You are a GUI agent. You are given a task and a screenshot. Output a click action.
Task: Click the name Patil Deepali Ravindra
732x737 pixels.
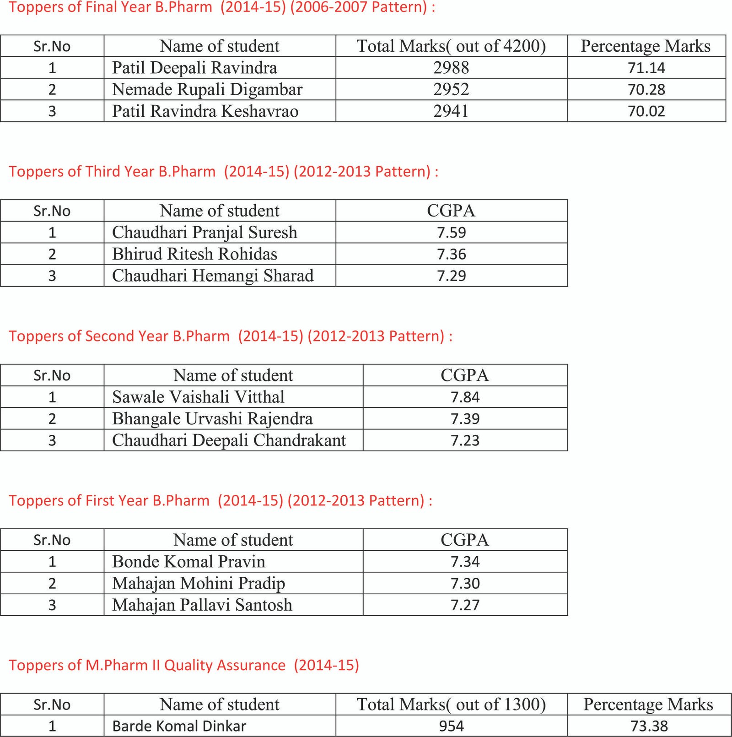point(194,68)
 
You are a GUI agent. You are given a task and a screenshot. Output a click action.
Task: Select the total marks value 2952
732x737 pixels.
point(451,89)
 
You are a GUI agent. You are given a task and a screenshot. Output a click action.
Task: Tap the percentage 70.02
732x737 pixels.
point(646,111)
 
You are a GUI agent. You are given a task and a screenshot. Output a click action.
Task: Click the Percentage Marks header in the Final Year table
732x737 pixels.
point(646,46)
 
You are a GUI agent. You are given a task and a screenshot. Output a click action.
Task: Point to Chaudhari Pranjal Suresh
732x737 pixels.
point(205,232)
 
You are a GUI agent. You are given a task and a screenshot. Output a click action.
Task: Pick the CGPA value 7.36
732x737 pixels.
point(451,254)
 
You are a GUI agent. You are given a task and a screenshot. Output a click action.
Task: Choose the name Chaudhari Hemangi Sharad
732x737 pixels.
point(213,276)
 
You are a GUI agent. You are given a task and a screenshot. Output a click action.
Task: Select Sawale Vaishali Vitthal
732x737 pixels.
point(198,397)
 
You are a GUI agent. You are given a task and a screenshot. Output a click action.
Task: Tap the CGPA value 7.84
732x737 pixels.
point(465,397)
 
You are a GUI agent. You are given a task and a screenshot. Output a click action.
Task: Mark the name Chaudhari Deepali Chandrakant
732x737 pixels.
point(229,440)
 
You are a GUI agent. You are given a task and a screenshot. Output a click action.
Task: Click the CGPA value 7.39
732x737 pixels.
point(465,418)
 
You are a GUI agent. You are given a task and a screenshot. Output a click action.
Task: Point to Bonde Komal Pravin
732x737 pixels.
point(188,561)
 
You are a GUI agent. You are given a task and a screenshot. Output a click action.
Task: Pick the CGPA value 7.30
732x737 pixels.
point(465,583)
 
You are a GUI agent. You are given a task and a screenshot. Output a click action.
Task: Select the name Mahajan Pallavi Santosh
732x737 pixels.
point(202,605)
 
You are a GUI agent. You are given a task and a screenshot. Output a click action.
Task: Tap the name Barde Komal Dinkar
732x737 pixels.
point(179,726)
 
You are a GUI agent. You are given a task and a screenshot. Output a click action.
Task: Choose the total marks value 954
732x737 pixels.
point(451,726)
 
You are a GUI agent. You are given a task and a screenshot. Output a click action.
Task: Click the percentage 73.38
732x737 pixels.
point(649,726)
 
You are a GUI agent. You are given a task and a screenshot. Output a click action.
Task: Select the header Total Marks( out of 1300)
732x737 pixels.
point(451,704)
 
